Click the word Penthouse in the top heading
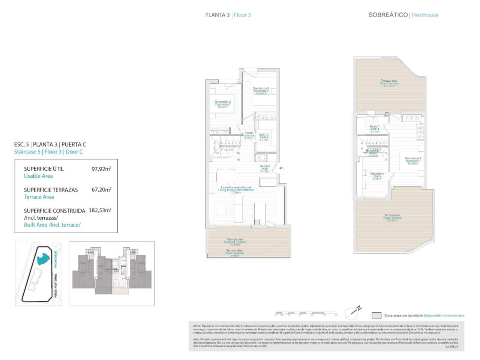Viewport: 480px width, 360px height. [425, 15]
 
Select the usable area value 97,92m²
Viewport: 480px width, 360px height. [101, 169]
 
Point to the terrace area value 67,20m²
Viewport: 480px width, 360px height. [101, 190]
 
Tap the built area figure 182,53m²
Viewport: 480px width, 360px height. [100, 211]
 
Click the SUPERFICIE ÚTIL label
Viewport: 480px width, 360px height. [43, 169]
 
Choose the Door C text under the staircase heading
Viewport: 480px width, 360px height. [74, 152]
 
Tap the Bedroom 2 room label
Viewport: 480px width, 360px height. [223, 104]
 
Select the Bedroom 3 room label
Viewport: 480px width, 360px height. [261, 91]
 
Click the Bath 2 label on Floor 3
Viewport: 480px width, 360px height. [264, 137]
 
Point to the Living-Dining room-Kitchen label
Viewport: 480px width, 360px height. [236, 190]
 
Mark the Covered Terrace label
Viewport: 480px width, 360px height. [235, 242]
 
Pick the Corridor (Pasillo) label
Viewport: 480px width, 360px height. [249, 135]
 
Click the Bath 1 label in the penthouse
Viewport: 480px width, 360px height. [375, 129]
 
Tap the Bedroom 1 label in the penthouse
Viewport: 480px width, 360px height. [413, 161]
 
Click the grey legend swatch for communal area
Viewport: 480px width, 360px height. [376, 315]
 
